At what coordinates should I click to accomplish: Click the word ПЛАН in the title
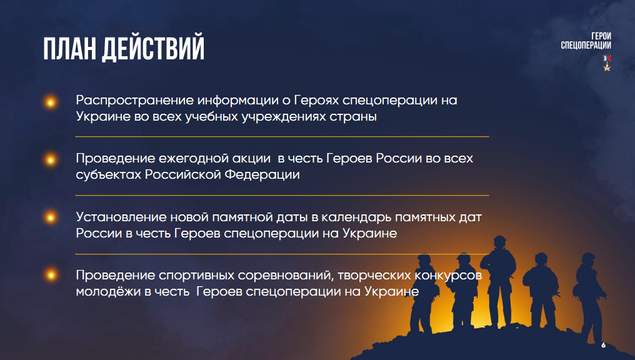click(69, 49)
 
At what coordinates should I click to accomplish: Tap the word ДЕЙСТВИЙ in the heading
click(153, 49)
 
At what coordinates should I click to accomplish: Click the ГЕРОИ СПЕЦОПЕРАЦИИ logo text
click(586, 41)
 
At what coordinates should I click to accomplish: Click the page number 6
click(603, 345)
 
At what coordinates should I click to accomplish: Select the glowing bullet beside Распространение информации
click(51, 102)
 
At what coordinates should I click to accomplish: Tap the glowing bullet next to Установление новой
click(51, 217)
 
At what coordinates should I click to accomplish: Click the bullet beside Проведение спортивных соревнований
click(51, 276)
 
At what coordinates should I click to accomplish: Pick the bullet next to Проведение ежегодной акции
click(51, 160)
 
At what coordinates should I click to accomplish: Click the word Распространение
click(134, 101)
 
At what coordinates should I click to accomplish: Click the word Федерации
click(262, 175)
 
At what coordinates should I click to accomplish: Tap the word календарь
click(356, 218)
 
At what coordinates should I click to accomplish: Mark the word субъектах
click(109, 175)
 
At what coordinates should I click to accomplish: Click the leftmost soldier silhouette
click(424, 294)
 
